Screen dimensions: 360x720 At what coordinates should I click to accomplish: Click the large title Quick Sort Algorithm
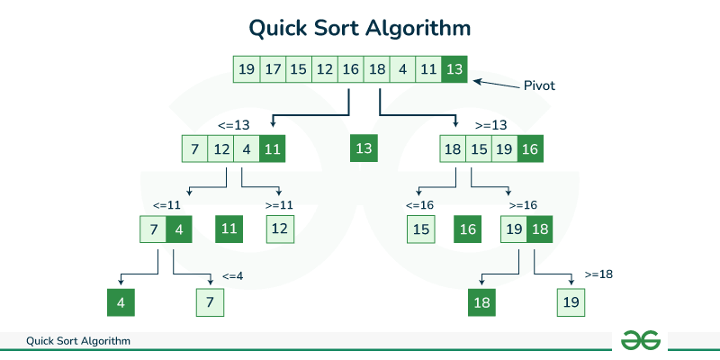pyautogui.click(x=360, y=28)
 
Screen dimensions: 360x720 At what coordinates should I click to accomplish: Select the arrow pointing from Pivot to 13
pyautogui.click(x=496, y=84)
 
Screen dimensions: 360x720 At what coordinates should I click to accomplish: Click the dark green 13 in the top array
pyautogui.click(x=455, y=68)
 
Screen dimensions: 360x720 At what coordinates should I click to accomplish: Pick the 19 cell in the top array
pyautogui.click(x=246, y=68)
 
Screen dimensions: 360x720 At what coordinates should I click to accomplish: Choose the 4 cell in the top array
pyautogui.click(x=402, y=68)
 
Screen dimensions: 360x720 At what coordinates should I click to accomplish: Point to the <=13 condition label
pyautogui.click(x=233, y=124)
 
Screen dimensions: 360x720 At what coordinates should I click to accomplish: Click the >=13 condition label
pyautogui.click(x=491, y=124)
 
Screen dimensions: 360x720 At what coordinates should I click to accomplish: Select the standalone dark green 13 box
pyautogui.click(x=364, y=148)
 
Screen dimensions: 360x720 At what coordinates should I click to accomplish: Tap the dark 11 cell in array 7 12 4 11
pyautogui.click(x=273, y=148)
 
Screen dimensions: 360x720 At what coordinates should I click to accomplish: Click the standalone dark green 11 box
pyautogui.click(x=229, y=229)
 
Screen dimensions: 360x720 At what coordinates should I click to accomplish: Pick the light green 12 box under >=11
pyautogui.click(x=280, y=229)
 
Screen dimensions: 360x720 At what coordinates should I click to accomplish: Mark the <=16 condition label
pyautogui.click(x=419, y=205)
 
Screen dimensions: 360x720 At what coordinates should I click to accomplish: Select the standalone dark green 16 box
pyautogui.click(x=467, y=229)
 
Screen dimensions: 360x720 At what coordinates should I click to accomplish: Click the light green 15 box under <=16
pyautogui.click(x=420, y=229)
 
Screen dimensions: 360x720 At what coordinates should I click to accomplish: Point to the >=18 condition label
pyautogui.click(x=598, y=274)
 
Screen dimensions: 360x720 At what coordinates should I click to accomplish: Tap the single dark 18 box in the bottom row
pyautogui.click(x=481, y=303)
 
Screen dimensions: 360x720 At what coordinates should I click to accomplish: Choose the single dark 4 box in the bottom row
pyautogui.click(x=121, y=303)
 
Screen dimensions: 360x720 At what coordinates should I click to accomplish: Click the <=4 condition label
pyautogui.click(x=233, y=275)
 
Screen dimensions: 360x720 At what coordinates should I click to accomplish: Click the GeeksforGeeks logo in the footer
pyautogui.click(x=641, y=340)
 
